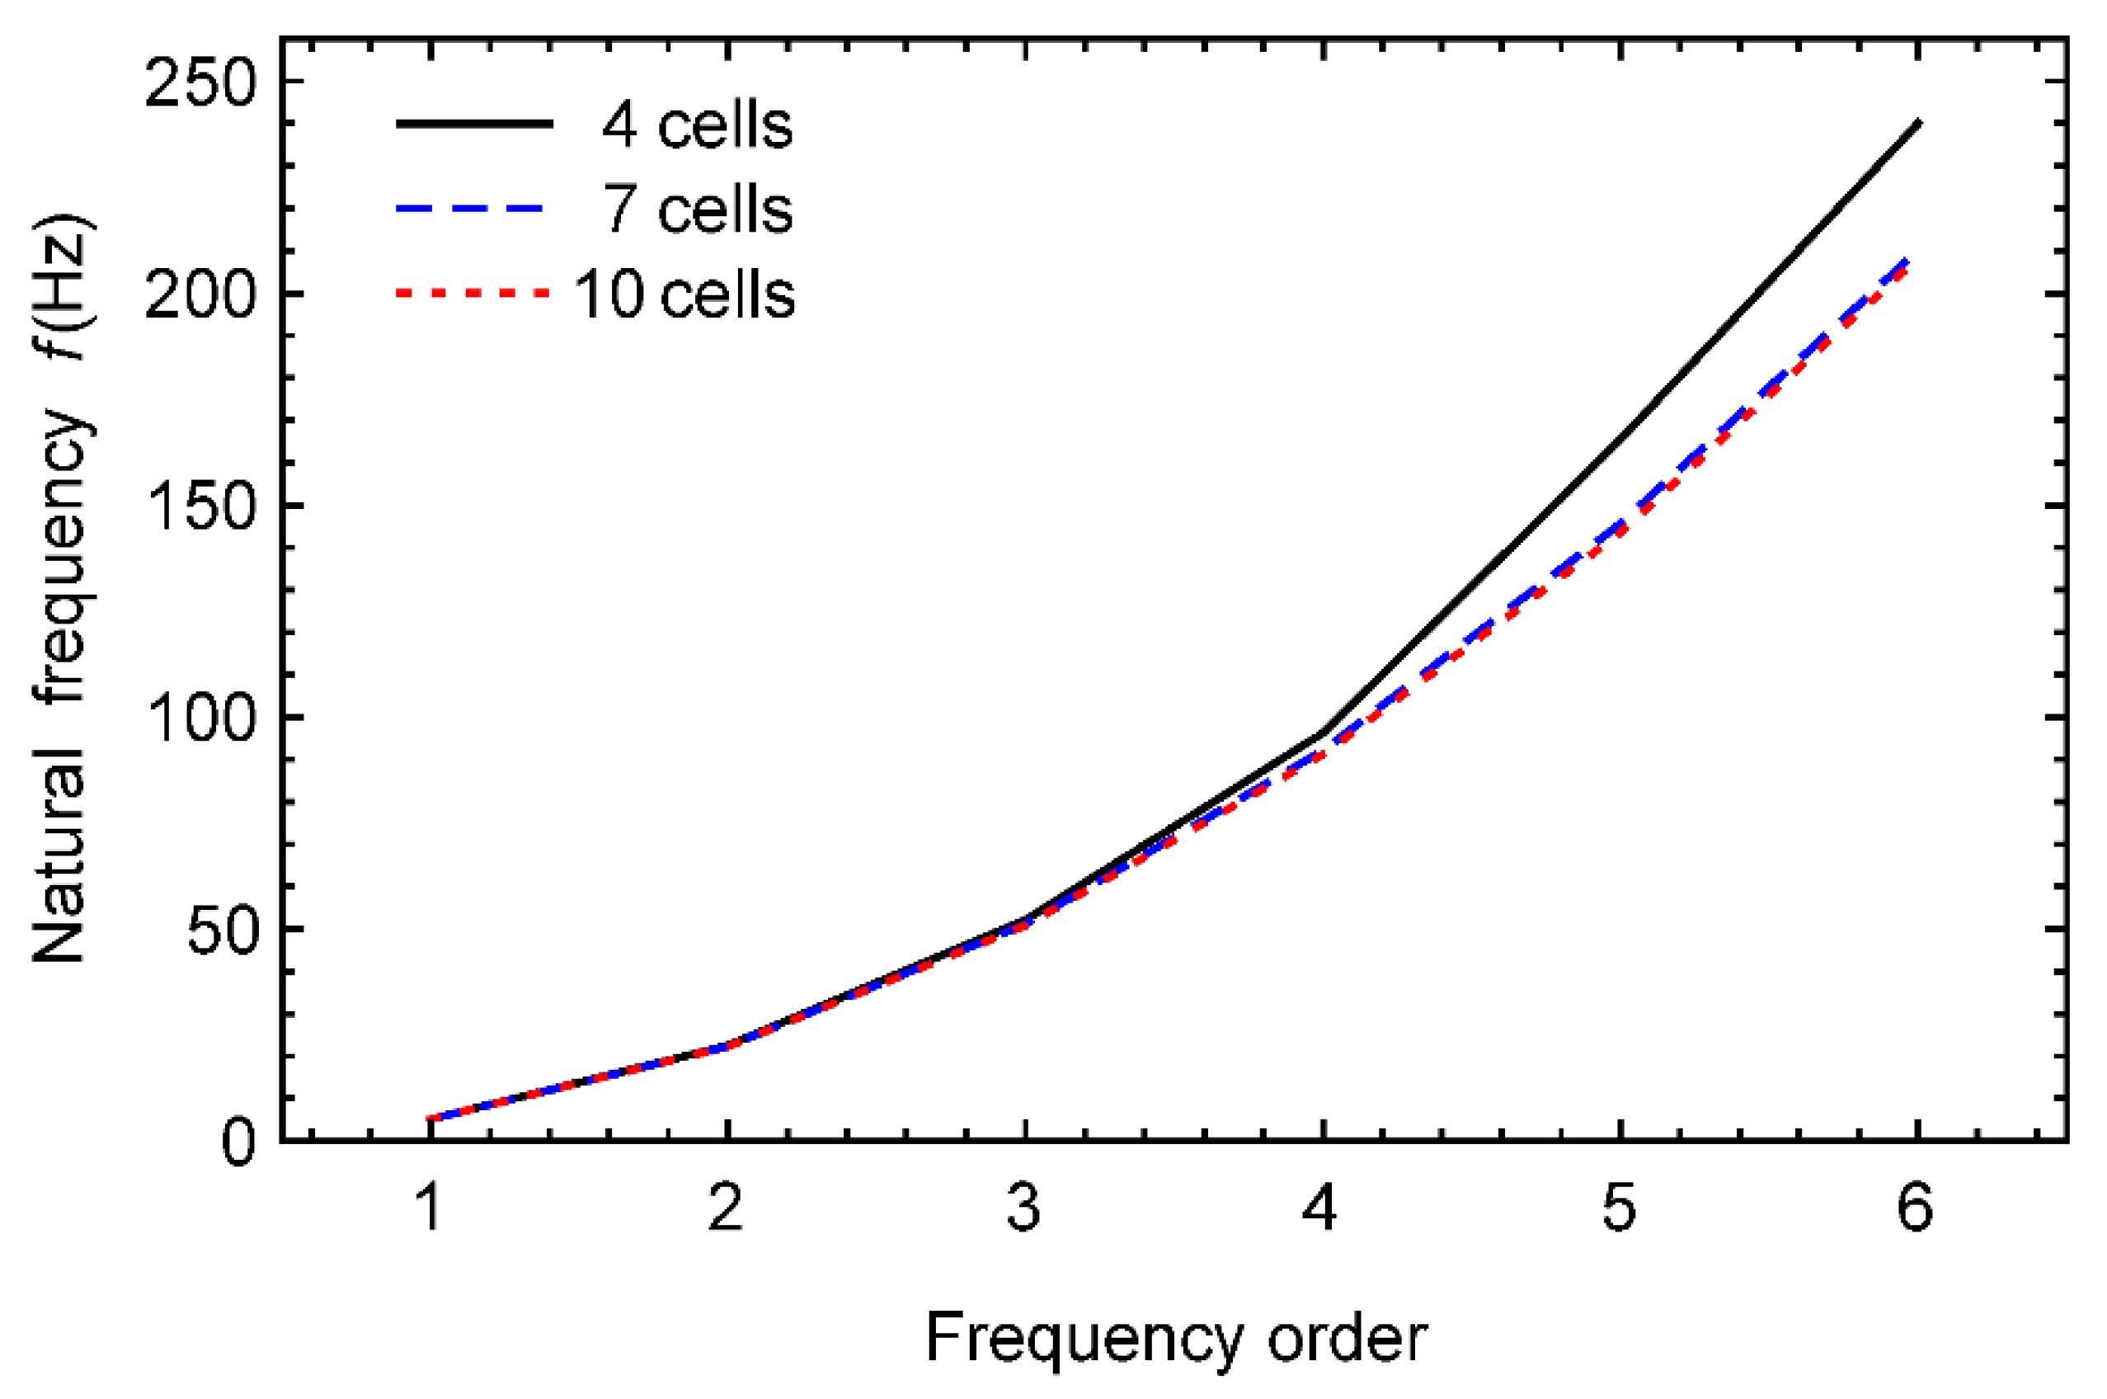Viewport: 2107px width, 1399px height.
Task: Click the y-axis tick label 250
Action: click(x=200, y=87)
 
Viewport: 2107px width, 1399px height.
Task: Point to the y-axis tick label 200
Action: click(x=200, y=296)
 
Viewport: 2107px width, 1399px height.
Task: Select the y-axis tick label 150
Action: click(x=200, y=510)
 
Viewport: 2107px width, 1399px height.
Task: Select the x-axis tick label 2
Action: click(x=727, y=1209)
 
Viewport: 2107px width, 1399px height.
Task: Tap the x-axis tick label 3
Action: click(x=1025, y=1209)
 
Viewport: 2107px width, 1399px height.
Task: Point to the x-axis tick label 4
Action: click(x=1321, y=1209)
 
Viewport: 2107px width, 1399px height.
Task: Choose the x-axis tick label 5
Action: click(x=1619, y=1209)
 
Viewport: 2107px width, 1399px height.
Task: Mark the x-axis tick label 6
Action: click(x=1915, y=1209)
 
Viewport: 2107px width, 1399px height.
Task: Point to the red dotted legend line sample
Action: click(x=473, y=293)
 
